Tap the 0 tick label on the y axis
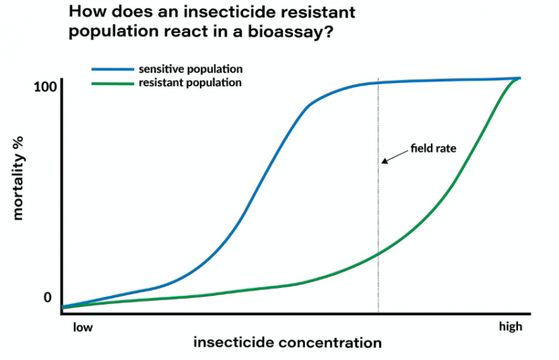[x=48, y=297]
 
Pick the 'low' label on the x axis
[x=83, y=327]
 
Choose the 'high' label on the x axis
[x=510, y=327]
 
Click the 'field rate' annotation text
[x=434, y=148]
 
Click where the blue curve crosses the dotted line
[x=378, y=83]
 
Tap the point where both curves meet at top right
[x=516, y=78]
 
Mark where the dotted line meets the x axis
[x=378, y=314]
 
